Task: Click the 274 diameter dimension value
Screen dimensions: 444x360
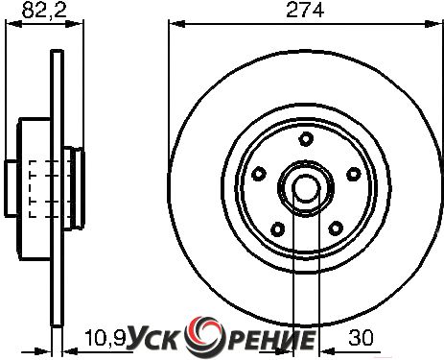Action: pyautogui.click(x=305, y=10)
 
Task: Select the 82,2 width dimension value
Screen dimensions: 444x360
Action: pyautogui.click(x=44, y=10)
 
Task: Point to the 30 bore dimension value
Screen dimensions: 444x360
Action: pyautogui.click(x=361, y=338)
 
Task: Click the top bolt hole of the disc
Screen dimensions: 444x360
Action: pyautogui.click(x=306, y=139)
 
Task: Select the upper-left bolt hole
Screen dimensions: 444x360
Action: pyautogui.click(x=259, y=174)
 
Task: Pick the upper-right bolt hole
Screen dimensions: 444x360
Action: pyautogui.click(x=354, y=174)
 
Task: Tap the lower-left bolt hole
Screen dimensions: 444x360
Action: pyautogui.click(x=277, y=228)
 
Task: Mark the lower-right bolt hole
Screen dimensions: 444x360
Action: pyautogui.click(x=336, y=228)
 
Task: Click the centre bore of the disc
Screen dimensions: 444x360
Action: pyautogui.click(x=306, y=188)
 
